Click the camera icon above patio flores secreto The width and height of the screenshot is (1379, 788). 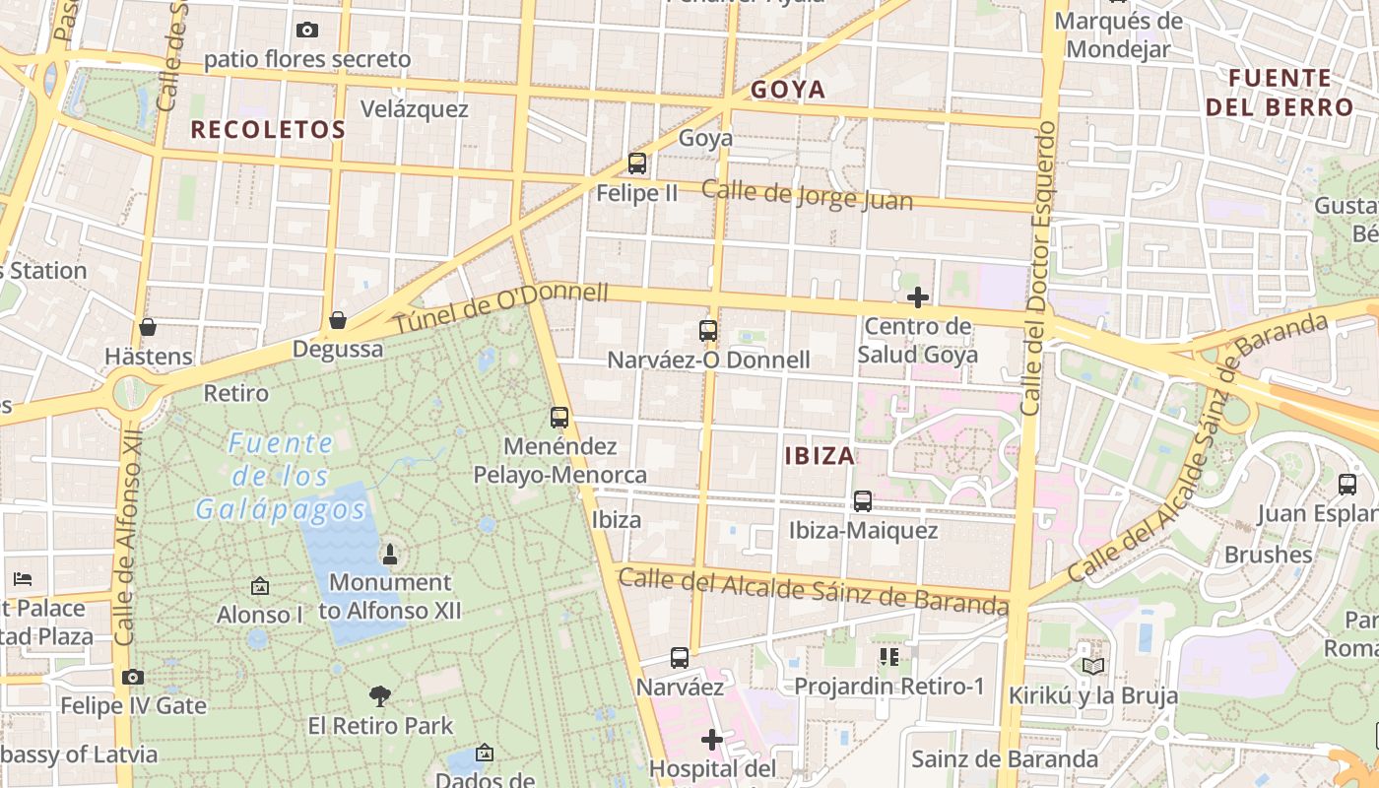tap(307, 31)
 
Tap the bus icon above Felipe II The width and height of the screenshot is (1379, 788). tap(637, 164)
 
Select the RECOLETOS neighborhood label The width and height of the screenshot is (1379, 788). tap(268, 129)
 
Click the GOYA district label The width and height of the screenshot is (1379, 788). tap(788, 90)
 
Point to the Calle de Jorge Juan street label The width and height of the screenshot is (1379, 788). tap(807, 195)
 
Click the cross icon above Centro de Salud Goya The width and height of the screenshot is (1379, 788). tap(918, 296)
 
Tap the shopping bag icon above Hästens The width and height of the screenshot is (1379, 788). tap(148, 326)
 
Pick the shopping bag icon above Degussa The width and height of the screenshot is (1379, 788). tap(338, 320)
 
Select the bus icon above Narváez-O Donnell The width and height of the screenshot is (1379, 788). tap(708, 331)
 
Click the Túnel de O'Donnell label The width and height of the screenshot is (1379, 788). tap(501, 307)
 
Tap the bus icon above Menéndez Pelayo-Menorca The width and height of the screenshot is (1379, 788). tap(559, 418)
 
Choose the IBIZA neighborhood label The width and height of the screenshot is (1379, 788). tap(820, 456)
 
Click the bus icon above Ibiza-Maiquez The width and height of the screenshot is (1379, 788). tap(863, 501)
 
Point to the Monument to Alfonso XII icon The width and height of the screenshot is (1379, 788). tap(390, 554)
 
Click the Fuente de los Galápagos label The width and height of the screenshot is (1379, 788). tap(281, 476)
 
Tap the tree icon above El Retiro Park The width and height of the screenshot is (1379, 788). tap(380, 696)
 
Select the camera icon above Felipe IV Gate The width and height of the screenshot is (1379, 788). tap(133, 677)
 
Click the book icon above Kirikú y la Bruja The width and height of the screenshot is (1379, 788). tap(1093, 666)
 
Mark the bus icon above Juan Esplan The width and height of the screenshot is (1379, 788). tap(1347, 485)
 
